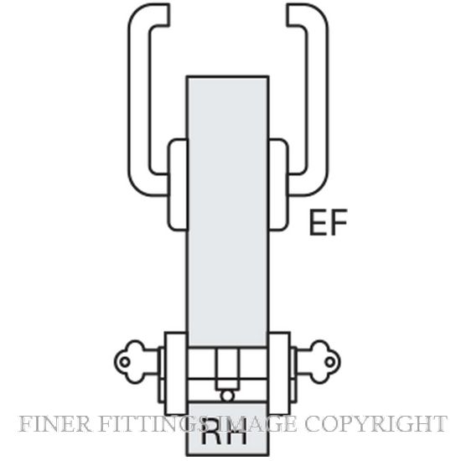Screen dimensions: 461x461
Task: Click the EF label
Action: [x=329, y=222]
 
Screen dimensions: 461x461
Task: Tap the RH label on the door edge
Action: [x=224, y=433]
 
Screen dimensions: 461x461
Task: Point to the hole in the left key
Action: [x=125, y=362]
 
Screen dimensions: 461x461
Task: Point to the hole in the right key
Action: [x=330, y=362]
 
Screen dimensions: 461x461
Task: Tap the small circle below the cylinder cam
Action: [x=227, y=396]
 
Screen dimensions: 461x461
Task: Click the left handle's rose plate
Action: [x=178, y=184]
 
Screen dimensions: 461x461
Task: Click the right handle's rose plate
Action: [x=278, y=184]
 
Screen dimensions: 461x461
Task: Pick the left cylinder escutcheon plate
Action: [x=176, y=373]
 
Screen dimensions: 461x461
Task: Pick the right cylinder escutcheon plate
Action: [x=279, y=373]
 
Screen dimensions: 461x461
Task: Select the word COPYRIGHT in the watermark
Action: [x=376, y=424]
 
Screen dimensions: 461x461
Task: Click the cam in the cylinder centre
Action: [x=227, y=370]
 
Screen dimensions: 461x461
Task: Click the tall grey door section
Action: [x=227, y=211]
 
